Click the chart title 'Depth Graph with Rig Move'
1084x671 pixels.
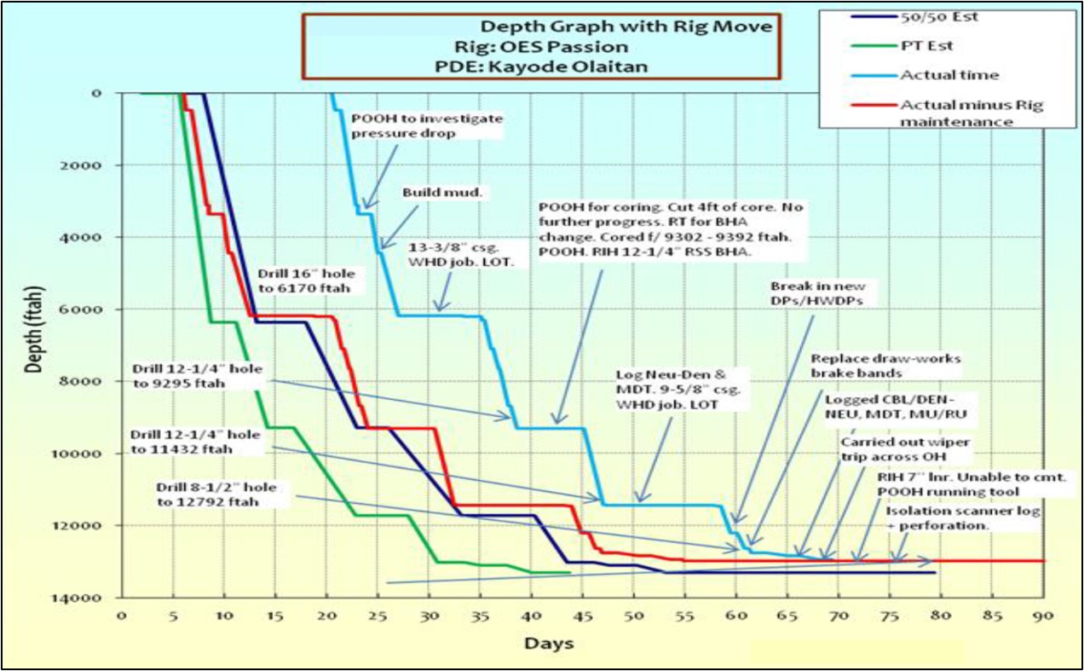(x=626, y=26)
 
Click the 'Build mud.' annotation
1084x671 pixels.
(x=443, y=193)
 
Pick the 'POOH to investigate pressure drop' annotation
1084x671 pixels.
(x=426, y=126)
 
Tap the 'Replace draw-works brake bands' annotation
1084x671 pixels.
(x=885, y=367)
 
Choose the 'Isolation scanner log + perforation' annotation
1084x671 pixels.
(x=938, y=518)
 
